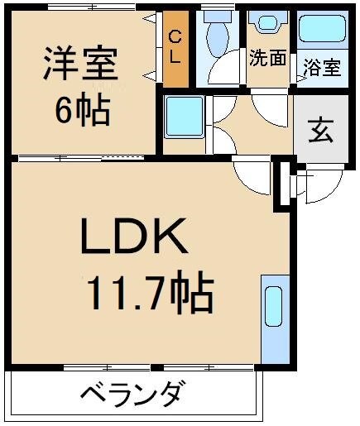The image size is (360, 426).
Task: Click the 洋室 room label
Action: (x=80, y=65)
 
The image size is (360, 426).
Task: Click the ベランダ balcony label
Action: (x=132, y=395)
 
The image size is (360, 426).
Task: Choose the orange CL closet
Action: (x=175, y=50)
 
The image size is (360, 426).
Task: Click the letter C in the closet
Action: (x=175, y=36)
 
